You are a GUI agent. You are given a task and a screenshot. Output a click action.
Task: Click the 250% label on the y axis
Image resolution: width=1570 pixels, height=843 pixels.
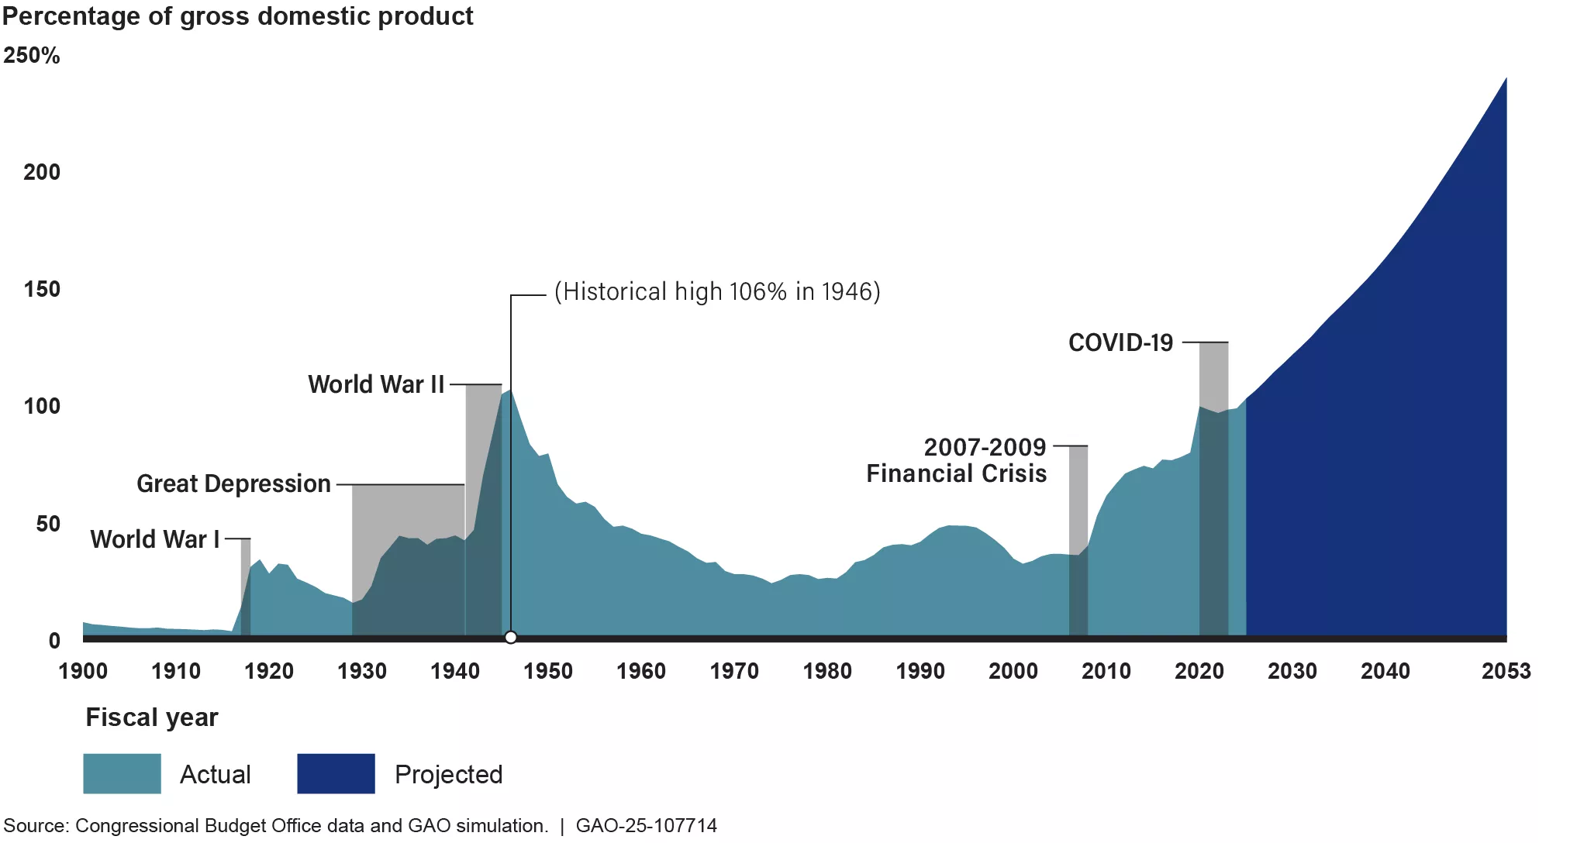point(31,56)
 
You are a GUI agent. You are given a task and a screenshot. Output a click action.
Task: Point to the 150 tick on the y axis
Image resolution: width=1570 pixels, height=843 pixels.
point(42,290)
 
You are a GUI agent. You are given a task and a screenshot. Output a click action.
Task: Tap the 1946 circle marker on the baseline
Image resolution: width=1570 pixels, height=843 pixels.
point(510,638)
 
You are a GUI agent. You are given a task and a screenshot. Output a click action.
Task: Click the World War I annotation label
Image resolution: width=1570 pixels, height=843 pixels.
point(155,539)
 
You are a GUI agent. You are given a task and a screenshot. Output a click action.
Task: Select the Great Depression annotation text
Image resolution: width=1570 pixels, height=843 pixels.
point(233,484)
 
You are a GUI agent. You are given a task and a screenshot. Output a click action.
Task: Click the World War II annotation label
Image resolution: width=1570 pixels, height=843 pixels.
point(376,385)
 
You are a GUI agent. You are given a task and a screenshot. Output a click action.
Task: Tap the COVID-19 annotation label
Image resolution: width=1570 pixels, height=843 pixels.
point(1120,343)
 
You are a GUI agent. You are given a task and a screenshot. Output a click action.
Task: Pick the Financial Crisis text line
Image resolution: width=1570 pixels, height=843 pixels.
point(956,474)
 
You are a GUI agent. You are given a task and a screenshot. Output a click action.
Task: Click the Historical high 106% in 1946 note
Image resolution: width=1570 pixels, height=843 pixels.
point(717,292)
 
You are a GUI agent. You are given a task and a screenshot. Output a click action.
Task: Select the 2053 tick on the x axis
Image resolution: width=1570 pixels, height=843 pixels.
point(1506,671)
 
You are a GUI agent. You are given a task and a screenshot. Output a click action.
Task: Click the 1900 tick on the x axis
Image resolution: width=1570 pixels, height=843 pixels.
point(83,671)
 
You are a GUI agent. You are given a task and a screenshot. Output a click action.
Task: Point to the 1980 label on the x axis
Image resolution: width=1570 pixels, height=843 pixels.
point(827,671)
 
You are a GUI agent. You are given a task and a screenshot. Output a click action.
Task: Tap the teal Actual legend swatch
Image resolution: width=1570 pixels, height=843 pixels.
point(122,773)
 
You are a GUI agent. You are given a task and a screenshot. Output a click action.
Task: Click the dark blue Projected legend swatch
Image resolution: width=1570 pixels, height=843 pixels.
point(336,773)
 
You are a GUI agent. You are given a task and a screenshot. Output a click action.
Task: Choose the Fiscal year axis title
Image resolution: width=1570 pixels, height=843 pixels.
point(152,717)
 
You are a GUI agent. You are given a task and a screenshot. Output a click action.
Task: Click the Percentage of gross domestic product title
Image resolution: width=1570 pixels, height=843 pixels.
point(237,16)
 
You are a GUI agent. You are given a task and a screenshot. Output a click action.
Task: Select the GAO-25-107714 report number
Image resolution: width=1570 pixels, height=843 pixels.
point(646,826)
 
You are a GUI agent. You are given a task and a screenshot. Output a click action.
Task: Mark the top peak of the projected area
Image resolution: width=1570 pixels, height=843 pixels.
point(1505,80)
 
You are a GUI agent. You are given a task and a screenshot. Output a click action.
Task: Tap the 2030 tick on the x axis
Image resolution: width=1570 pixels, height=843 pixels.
point(1292,671)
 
